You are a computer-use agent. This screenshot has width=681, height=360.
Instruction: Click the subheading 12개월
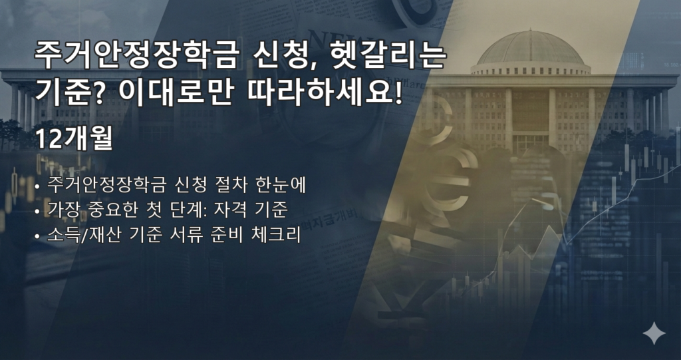(74, 138)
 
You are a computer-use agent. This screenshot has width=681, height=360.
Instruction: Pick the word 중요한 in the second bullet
(111, 210)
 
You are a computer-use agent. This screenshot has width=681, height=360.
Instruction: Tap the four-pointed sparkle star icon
(654, 333)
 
